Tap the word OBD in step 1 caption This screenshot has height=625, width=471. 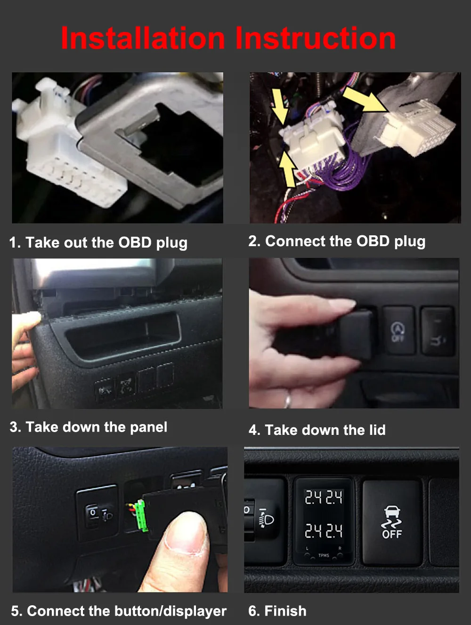coord(135,242)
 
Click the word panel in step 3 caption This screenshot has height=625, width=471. coord(148,428)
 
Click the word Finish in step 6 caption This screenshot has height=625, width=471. coord(285,611)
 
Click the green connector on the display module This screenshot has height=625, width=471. coord(142,516)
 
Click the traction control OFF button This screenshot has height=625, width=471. coord(392,523)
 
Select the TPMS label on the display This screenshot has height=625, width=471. coord(324,555)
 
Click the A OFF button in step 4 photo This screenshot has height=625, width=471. coord(398,330)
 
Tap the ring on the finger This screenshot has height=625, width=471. coord(288,401)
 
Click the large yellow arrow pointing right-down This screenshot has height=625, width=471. coord(365,100)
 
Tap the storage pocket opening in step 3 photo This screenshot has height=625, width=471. coord(123,337)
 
